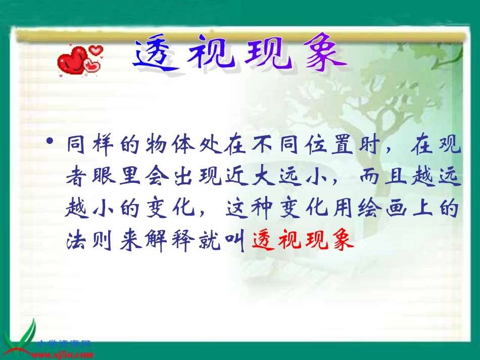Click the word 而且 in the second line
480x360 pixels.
[387, 178]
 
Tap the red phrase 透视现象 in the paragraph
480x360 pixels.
[302, 241]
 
